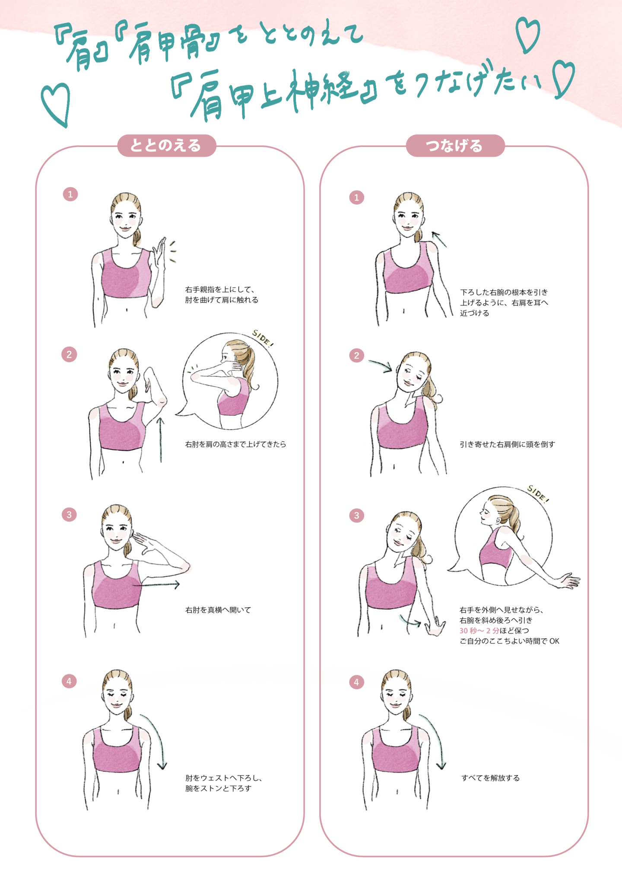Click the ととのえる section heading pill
coord(167,146)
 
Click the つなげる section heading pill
coord(455,146)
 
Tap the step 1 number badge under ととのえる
coord(70,194)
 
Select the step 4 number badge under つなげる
coord(356,682)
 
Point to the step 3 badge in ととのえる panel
coord(69,515)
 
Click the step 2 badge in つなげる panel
coord(356,356)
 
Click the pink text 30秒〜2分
coord(479,630)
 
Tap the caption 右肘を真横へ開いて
coord(218,610)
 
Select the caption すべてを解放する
coord(490,778)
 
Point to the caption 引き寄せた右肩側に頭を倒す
coord(507,444)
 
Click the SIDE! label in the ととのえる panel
coord(263,338)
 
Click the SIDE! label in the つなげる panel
coord(538,494)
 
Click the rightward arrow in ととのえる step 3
coord(156,585)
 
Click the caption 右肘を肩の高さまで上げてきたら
coord(235,444)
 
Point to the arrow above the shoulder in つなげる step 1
coord(439,239)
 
